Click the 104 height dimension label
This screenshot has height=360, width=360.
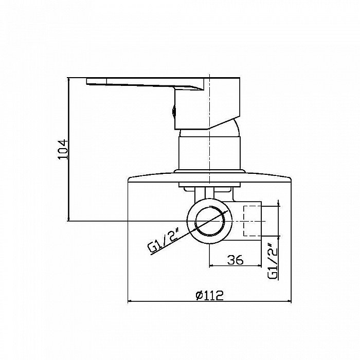[63, 149]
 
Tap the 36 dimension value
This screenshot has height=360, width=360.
[235, 260]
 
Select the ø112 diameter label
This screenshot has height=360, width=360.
[209, 295]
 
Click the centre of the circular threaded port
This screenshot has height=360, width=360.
[209, 221]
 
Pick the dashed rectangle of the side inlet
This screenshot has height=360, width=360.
[253, 221]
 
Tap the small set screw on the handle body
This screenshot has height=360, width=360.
[174, 112]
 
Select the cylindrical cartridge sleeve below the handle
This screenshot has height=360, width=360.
[209, 153]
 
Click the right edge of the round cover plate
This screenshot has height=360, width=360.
[291, 179]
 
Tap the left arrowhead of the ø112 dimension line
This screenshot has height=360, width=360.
[130, 301]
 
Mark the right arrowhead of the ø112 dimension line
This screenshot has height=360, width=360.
[289, 301]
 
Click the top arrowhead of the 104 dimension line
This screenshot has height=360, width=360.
[68, 80]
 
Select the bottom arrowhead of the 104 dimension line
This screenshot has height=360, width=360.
[68, 219]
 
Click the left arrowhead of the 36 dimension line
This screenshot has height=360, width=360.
[211, 266]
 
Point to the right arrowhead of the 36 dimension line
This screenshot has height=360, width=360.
[259, 266]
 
